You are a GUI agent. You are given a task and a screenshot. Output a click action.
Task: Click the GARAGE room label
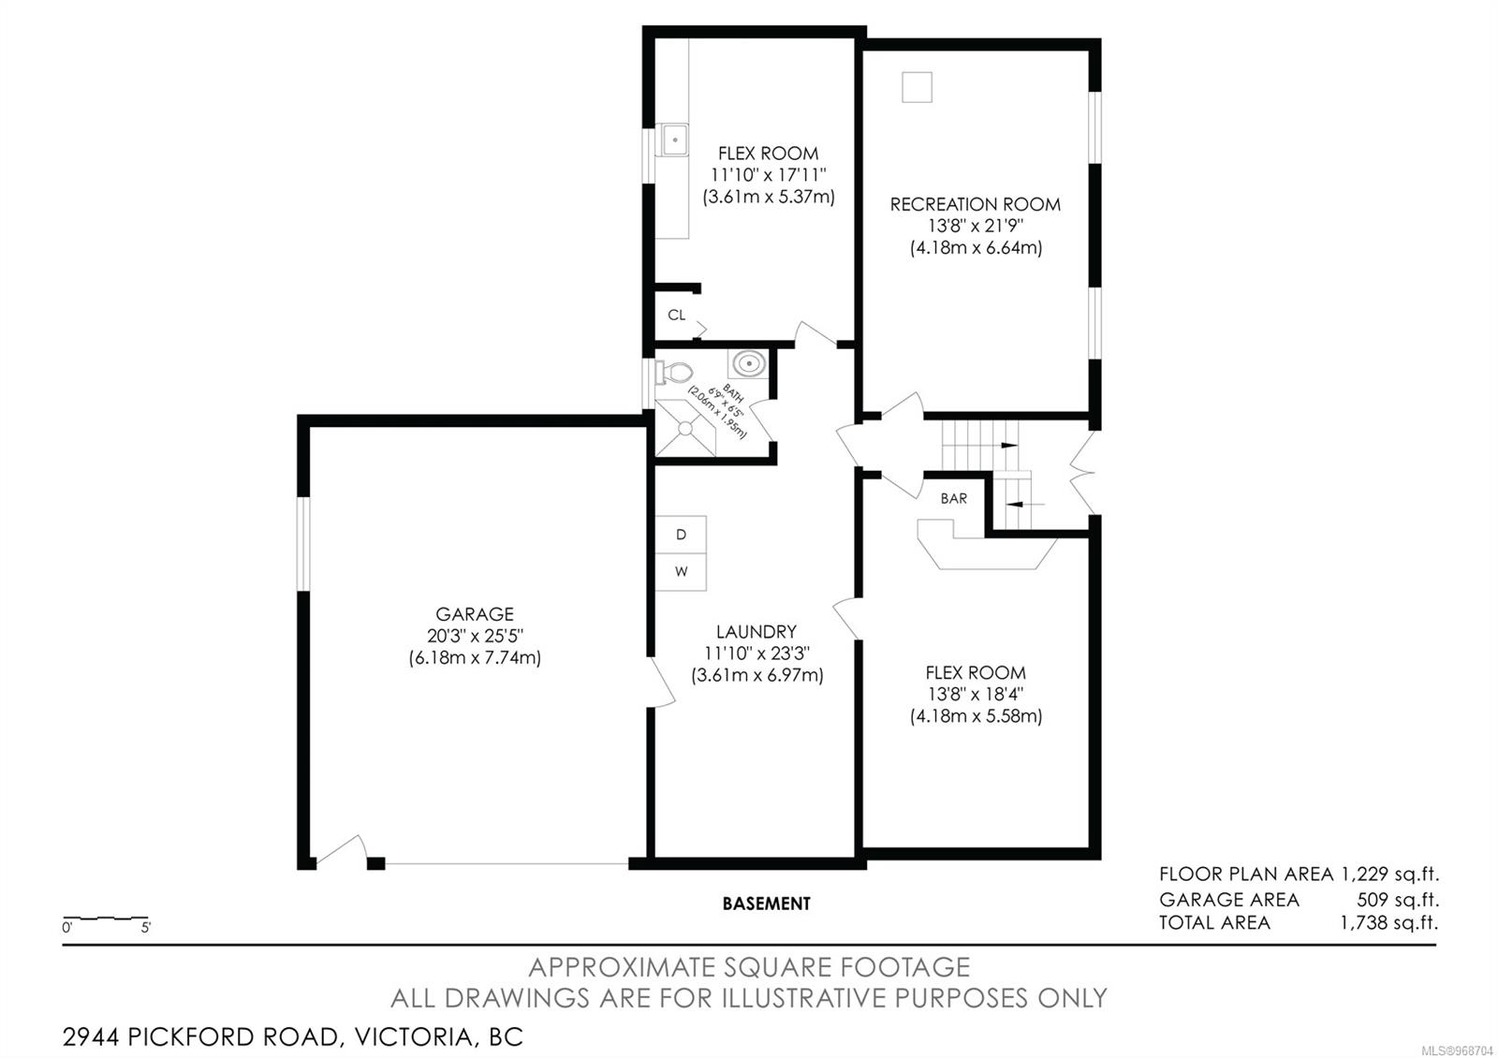(x=475, y=614)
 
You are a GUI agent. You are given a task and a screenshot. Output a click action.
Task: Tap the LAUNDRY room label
(x=756, y=632)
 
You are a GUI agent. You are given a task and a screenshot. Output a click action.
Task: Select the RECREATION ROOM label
(x=975, y=205)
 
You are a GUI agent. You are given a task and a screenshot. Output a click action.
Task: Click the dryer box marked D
(x=681, y=535)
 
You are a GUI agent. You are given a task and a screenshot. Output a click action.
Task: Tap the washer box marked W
(x=681, y=572)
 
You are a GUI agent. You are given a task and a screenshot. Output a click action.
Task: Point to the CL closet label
(x=677, y=315)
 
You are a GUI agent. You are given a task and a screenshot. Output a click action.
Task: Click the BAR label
(x=954, y=498)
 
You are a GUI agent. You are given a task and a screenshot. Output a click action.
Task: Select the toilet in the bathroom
(x=673, y=373)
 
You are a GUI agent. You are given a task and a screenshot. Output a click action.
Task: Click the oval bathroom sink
(x=748, y=364)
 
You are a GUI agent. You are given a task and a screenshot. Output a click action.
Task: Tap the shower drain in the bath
(x=685, y=429)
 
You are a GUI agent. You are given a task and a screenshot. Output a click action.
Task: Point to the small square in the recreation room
(x=917, y=87)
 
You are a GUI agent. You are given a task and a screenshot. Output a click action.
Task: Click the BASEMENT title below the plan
(x=767, y=904)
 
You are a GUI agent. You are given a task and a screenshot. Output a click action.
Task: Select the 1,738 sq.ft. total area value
(x=1389, y=923)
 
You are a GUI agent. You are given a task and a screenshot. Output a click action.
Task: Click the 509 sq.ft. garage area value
(x=1398, y=900)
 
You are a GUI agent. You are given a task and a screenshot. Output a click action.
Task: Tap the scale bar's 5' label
(x=146, y=928)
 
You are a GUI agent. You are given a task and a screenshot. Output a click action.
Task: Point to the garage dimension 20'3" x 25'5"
(x=475, y=636)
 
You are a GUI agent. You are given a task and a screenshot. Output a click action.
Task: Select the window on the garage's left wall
(x=303, y=544)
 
